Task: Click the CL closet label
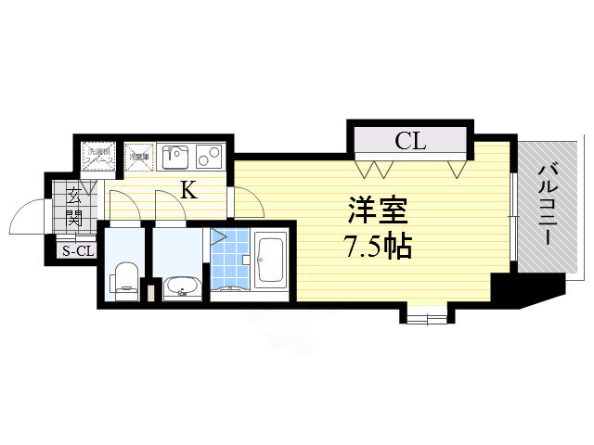click(410, 142)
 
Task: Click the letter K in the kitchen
click(187, 191)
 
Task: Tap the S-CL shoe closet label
click(77, 250)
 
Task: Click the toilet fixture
click(124, 278)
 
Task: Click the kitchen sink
click(175, 156)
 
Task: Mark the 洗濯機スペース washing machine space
click(98, 156)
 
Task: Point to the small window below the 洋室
click(425, 317)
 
